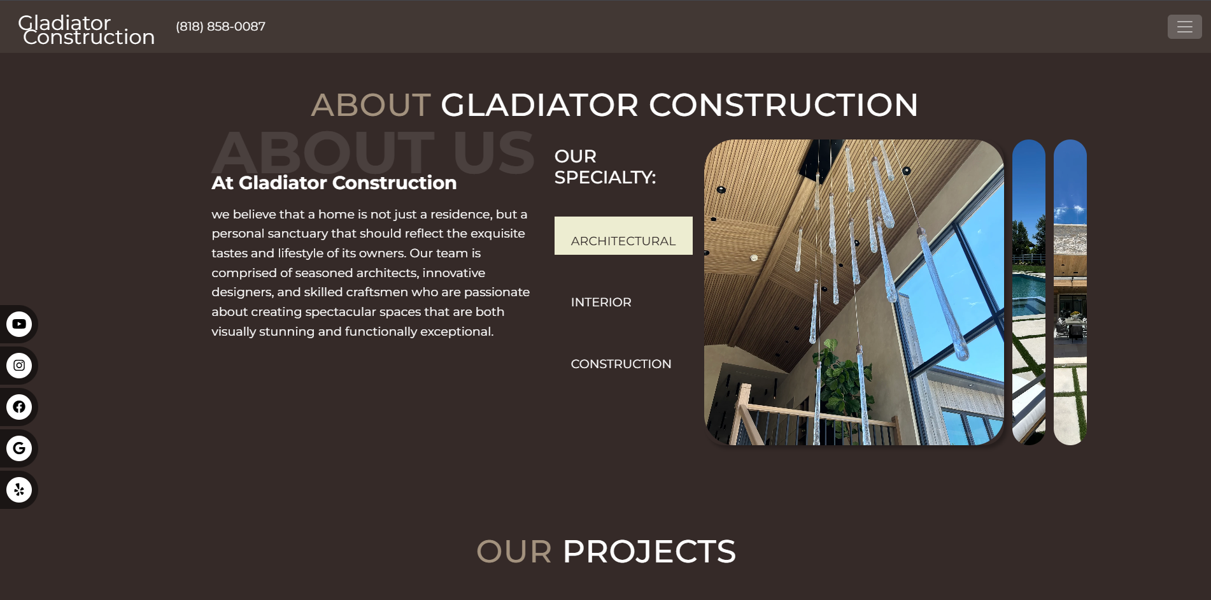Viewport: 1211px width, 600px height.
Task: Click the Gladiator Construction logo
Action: click(x=86, y=30)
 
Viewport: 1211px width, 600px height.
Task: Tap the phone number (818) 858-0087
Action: click(x=220, y=27)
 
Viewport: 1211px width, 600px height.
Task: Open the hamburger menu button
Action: click(x=1184, y=27)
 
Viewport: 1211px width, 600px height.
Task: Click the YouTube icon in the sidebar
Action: click(x=19, y=324)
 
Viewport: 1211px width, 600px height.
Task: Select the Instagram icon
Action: click(x=19, y=366)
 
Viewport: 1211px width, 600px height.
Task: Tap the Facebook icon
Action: click(x=19, y=407)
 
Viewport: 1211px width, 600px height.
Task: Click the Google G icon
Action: click(x=19, y=448)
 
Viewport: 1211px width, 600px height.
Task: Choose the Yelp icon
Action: click(x=19, y=490)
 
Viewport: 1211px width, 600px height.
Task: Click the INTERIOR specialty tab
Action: click(x=601, y=303)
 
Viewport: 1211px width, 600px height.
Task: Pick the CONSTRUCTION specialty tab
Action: click(x=621, y=364)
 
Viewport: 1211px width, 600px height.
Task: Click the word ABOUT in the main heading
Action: click(x=371, y=105)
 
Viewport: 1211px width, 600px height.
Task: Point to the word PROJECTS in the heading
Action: click(x=649, y=552)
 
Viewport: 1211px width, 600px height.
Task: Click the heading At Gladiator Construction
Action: click(x=334, y=183)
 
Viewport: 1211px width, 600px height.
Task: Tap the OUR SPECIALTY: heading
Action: click(x=605, y=167)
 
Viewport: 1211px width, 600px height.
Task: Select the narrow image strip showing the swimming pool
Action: click(x=1029, y=292)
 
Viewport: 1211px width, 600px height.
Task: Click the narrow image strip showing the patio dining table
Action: click(x=1070, y=292)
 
